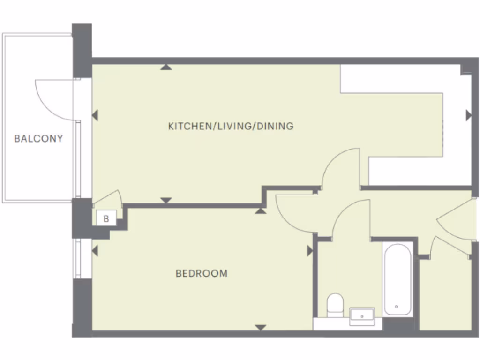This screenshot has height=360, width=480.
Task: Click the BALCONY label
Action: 38,139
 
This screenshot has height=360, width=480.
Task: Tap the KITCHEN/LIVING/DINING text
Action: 231,126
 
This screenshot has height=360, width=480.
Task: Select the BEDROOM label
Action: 202,273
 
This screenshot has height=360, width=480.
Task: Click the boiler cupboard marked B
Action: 106,218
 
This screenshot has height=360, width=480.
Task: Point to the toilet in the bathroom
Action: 335,305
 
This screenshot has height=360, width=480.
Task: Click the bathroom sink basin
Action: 362,316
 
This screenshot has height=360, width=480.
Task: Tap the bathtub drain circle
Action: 397,306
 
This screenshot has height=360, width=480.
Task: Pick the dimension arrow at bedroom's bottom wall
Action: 261,328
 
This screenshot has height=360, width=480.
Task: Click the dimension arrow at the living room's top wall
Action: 165,67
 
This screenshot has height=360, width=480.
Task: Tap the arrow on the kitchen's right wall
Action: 468,115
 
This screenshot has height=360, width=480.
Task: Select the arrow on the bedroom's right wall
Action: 309,251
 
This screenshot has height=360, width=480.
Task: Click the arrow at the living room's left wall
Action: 95,115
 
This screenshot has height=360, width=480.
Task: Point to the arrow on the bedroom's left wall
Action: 95,251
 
